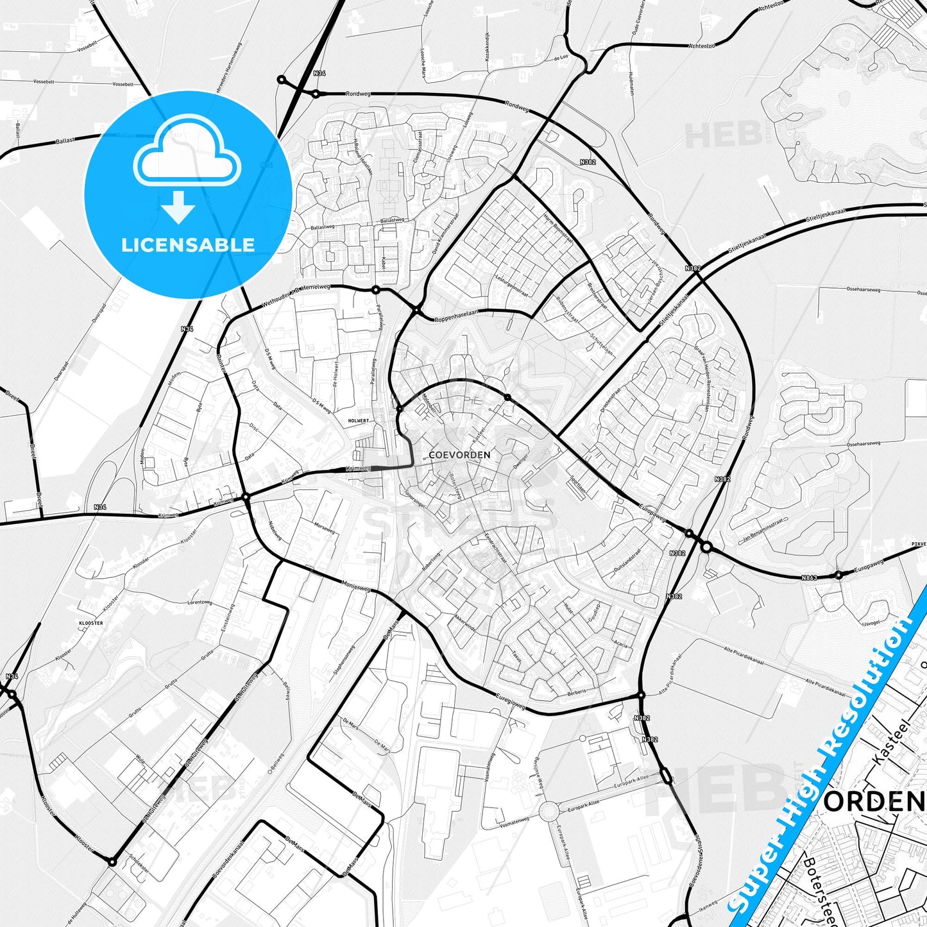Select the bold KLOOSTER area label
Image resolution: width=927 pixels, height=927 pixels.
coord(90,623)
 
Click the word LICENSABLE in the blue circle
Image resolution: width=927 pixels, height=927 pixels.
coord(188,244)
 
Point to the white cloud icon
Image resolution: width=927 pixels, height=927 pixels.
coord(187,151)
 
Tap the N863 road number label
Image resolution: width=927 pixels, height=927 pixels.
coord(809,578)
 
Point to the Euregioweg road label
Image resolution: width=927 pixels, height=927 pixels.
coord(511,701)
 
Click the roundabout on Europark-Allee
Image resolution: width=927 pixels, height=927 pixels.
coord(549,812)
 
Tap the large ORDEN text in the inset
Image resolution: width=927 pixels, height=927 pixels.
coord(874,801)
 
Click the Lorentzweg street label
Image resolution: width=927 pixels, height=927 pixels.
coord(200,603)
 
